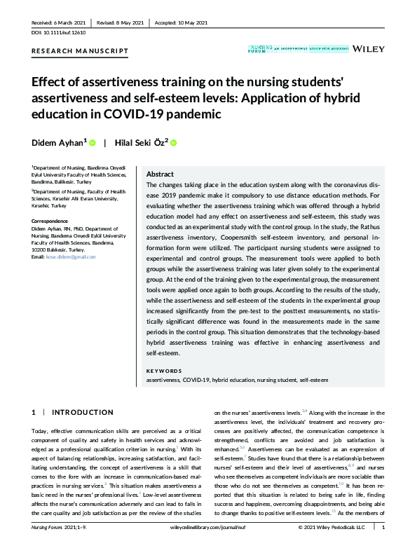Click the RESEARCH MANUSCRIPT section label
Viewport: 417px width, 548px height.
80,51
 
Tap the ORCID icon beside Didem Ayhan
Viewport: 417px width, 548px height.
92,143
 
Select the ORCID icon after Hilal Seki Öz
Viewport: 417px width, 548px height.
174,143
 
